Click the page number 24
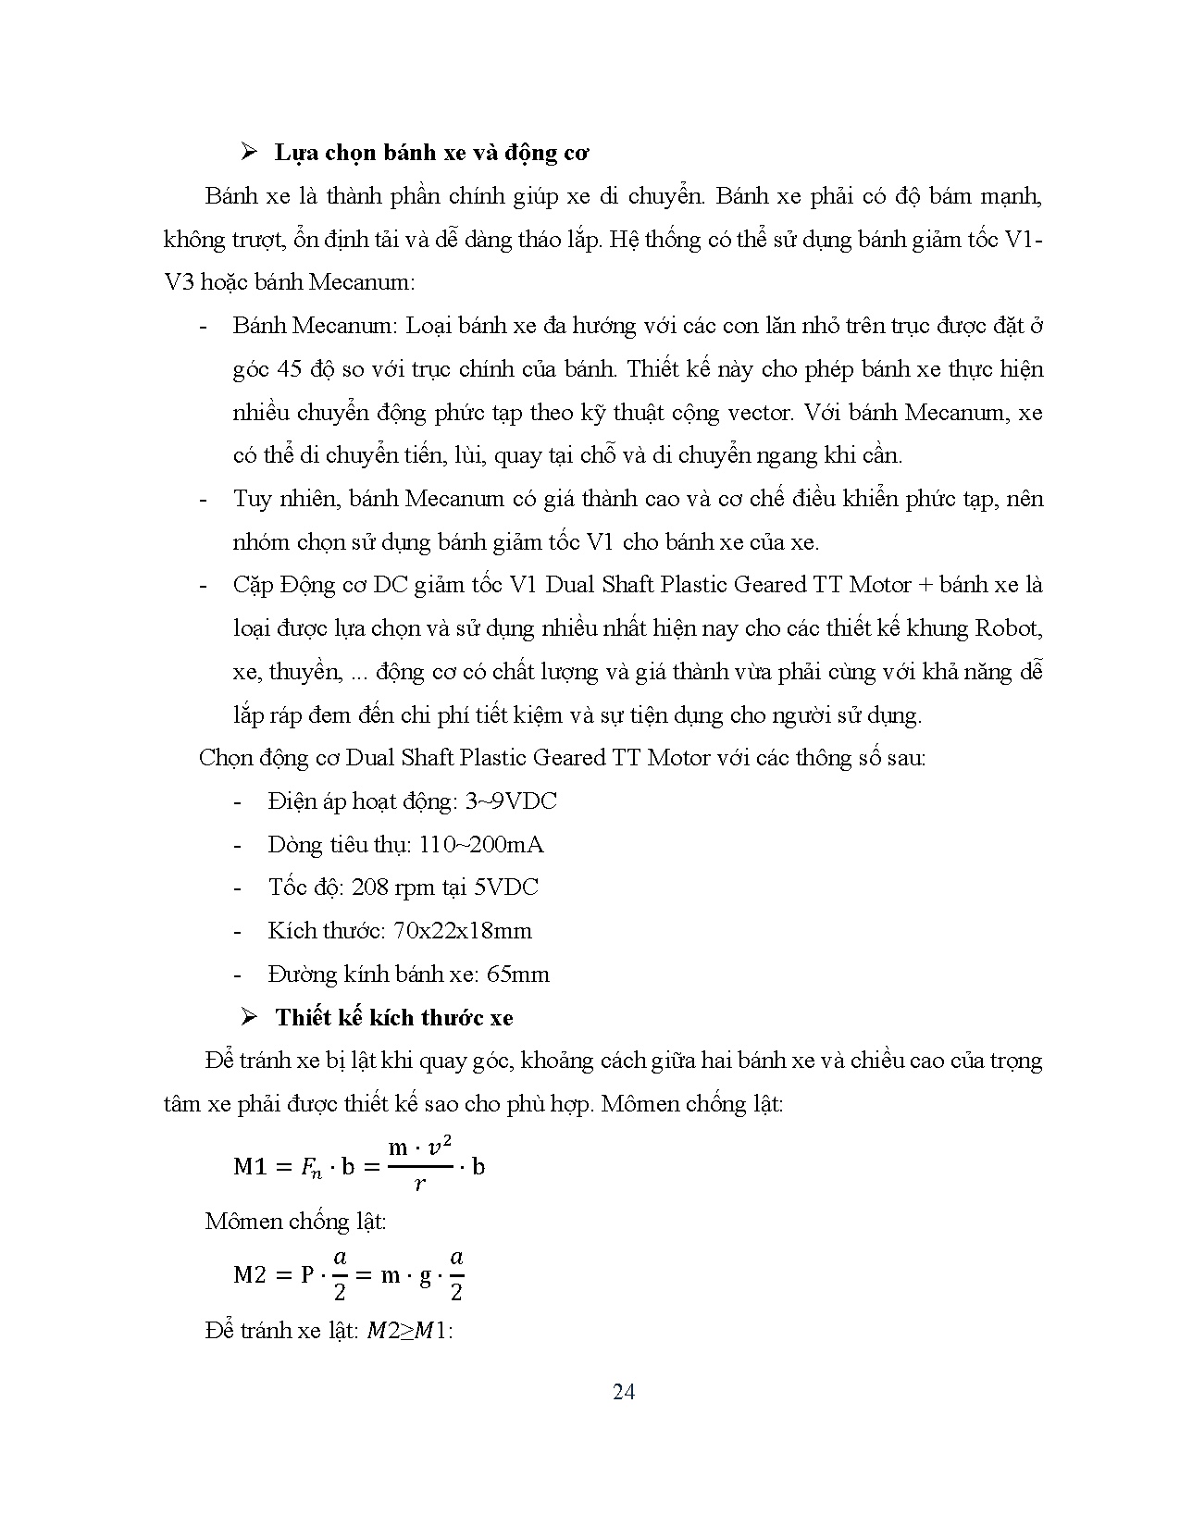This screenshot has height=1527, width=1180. point(624,1392)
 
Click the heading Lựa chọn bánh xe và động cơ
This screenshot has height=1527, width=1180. point(431,153)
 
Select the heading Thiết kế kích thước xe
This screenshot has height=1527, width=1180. point(393,1018)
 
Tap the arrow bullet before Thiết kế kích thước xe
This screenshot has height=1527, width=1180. point(248,1017)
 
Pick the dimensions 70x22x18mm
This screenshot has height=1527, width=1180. point(463,931)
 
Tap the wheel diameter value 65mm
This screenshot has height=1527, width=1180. point(517,975)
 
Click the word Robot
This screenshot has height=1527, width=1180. point(1008,628)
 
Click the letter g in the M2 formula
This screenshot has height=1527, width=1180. point(426,1276)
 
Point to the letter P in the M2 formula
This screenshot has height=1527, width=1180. point(307,1275)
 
